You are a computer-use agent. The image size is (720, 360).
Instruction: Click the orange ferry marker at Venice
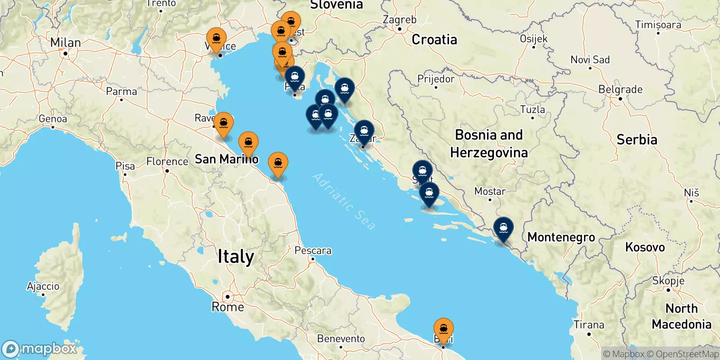coord(216,38)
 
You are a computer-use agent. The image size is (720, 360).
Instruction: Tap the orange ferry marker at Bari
coord(443,328)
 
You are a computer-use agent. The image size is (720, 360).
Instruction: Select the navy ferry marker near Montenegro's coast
coord(503,228)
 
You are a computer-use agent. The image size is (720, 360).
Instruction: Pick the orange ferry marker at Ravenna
coord(223,123)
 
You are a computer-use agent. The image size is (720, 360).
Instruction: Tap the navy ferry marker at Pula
coord(295,77)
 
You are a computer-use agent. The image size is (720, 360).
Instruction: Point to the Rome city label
coord(228,307)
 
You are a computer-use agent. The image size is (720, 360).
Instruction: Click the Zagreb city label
coord(399,20)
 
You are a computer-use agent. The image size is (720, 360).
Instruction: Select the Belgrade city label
coord(620,90)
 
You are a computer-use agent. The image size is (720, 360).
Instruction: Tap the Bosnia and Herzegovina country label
coord(489,144)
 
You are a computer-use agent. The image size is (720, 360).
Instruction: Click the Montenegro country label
coord(561,237)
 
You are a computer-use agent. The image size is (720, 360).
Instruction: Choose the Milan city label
coord(65,43)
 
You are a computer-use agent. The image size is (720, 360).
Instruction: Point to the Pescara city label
coord(313,251)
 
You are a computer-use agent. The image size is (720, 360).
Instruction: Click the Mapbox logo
coord(40,349)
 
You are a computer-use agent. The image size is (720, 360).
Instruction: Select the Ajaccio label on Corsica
coord(43,286)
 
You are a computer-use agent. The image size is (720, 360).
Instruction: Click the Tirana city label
coord(589,324)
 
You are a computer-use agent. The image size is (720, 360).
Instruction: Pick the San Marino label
coord(226,159)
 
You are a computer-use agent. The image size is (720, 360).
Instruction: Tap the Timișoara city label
coord(658,25)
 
